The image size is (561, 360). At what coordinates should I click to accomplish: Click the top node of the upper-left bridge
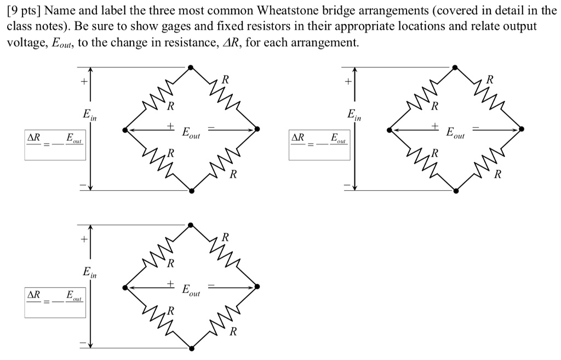point(190,67)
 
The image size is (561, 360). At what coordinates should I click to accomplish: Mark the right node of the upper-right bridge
point(522,129)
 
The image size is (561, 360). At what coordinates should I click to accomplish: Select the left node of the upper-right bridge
point(389,129)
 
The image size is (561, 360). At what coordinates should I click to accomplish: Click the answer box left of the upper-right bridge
point(319,145)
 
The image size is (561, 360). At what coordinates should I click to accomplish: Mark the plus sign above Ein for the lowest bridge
point(83,239)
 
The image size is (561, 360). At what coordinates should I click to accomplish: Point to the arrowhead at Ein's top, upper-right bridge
point(354,71)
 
